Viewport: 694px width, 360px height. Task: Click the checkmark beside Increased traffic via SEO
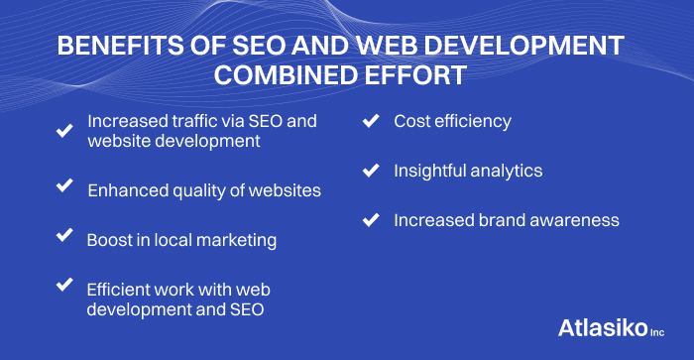pos(64,130)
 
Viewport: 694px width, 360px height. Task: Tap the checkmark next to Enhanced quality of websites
pos(64,185)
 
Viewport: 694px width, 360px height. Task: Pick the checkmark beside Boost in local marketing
pos(64,235)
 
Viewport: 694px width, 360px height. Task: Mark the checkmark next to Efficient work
pos(64,285)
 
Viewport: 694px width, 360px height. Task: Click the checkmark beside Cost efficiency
pos(371,121)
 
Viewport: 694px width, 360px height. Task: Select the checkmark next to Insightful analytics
pos(371,171)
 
